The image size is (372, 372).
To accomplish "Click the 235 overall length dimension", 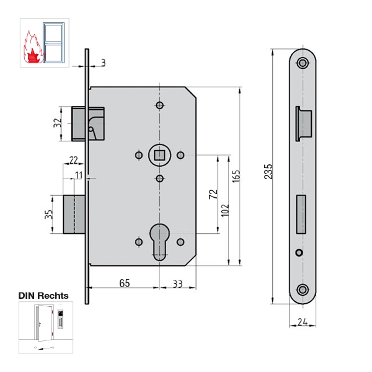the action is click(x=268, y=171).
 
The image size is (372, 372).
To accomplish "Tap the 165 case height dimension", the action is click(x=236, y=176).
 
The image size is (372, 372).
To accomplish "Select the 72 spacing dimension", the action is click(x=213, y=194).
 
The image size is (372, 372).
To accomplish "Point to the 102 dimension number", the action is click(x=225, y=210).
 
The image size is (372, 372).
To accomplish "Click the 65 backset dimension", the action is click(x=125, y=283).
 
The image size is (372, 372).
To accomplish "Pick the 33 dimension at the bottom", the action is click(x=178, y=284).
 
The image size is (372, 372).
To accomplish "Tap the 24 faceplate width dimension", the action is click(x=303, y=322).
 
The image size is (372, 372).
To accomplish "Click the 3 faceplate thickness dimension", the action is click(x=103, y=63).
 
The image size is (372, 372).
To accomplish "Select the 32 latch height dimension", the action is click(x=58, y=123).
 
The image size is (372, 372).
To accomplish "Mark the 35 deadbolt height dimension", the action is click(x=48, y=215).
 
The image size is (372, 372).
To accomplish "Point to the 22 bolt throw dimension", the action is click(x=73, y=160).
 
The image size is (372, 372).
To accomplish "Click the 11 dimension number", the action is click(x=79, y=175).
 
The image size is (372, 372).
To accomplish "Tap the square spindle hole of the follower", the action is click(x=160, y=155).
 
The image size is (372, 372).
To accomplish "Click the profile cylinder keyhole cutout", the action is click(x=160, y=242).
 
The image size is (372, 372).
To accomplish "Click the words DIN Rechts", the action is click(x=43, y=296).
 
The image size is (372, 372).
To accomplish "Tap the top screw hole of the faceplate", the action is click(x=303, y=63).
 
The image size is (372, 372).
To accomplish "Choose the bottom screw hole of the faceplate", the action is click(x=303, y=290).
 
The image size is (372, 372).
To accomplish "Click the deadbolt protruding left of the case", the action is click(x=74, y=215).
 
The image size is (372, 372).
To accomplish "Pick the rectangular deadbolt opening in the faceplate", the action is click(x=301, y=215).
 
